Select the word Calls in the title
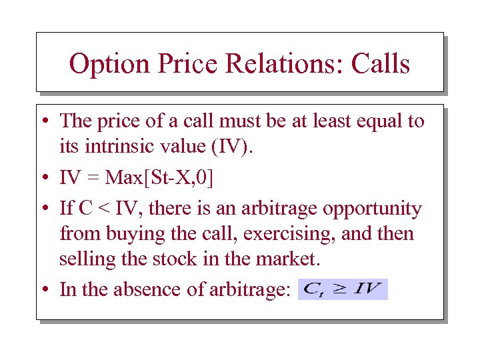pos(377,64)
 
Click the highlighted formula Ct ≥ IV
pos(342,289)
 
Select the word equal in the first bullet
pos(380,121)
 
